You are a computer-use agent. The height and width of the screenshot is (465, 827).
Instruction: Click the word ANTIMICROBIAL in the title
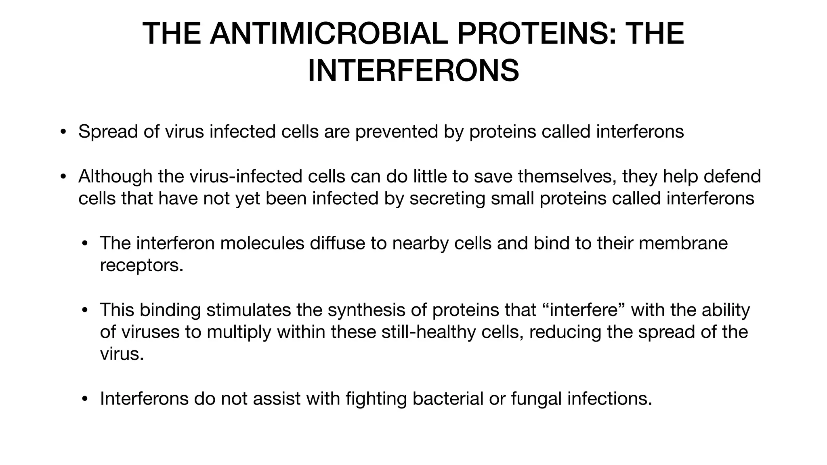click(329, 34)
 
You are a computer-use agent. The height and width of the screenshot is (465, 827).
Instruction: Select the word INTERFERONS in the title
click(413, 71)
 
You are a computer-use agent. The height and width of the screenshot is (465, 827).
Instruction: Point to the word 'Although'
click(115, 176)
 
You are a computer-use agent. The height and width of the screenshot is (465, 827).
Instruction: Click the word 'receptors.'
click(141, 265)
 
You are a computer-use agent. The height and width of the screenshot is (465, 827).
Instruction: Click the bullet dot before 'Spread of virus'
click(63, 132)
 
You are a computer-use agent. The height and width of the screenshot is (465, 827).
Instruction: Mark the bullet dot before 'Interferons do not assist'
click(84, 399)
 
